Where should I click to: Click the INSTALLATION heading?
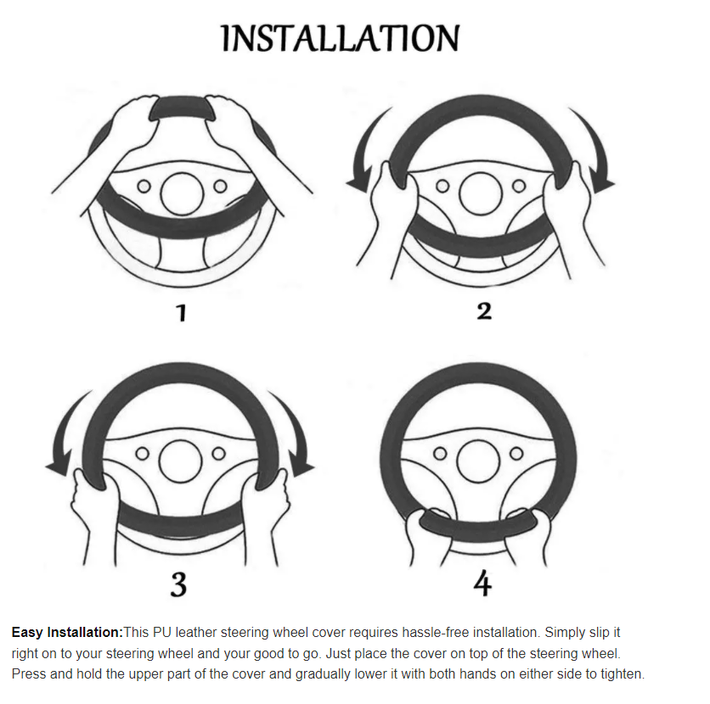click(x=341, y=38)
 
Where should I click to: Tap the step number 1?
click(x=182, y=312)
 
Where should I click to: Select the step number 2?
click(x=483, y=311)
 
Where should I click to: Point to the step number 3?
click(x=178, y=584)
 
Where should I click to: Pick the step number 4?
click(x=482, y=583)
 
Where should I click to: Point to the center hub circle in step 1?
click(x=182, y=194)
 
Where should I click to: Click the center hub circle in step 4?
click(x=478, y=461)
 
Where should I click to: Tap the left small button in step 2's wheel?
click(x=442, y=186)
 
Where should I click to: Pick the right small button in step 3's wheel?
click(x=219, y=453)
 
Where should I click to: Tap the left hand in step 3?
click(x=93, y=516)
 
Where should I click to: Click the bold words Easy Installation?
click(x=67, y=632)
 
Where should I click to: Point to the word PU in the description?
click(x=162, y=632)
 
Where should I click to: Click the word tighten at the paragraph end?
click(x=623, y=673)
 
